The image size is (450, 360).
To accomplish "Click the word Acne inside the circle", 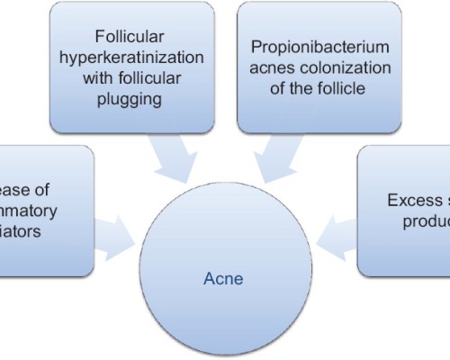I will click(x=223, y=279).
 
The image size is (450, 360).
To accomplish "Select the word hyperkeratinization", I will click(x=132, y=58).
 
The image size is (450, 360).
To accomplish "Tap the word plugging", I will click(x=132, y=99).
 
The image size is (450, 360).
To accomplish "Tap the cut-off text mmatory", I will click(x=27, y=211).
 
